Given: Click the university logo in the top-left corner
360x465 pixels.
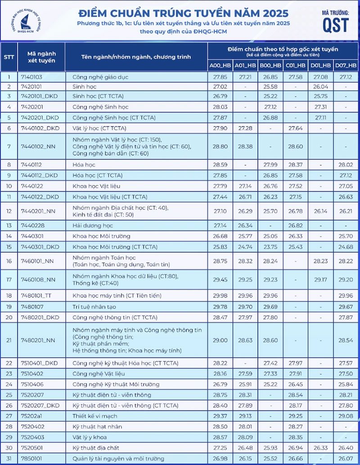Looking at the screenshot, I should click(x=20, y=19).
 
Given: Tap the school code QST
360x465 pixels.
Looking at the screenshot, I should click(x=335, y=25).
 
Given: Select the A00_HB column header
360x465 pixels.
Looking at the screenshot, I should click(x=220, y=66).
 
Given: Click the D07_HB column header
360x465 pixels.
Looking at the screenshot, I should click(x=346, y=66).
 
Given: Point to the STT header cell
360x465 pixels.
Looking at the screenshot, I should click(x=9, y=57).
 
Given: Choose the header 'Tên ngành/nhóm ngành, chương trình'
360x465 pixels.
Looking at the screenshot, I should click(x=136, y=57).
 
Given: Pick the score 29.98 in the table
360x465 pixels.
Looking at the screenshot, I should click(x=220, y=296).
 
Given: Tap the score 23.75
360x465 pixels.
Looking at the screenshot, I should click(x=270, y=247).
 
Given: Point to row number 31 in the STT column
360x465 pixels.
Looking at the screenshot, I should click(x=9, y=459).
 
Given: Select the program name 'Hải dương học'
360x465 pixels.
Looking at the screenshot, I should click(x=93, y=225).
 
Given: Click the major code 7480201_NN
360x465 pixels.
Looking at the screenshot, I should click(x=38, y=340).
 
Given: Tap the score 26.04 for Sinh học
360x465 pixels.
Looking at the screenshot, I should click(x=321, y=86).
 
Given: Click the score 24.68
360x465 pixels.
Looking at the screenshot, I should click(x=346, y=247).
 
